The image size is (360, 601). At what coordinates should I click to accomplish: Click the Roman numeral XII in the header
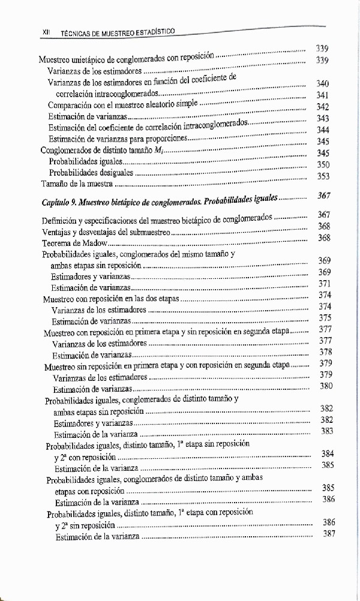tap(44, 34)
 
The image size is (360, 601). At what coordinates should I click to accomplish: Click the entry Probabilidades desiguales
tap(91, 173)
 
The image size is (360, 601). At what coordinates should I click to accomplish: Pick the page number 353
tap(323, 176)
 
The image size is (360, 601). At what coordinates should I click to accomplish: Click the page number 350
tap(323, 164)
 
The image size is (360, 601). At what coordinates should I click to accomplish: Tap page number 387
tap(328, 534)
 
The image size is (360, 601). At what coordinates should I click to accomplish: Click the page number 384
tap(327, 453)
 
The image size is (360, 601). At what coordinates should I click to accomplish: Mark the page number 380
tap(326, 386)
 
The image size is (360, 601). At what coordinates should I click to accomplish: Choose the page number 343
tap(323, 118)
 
